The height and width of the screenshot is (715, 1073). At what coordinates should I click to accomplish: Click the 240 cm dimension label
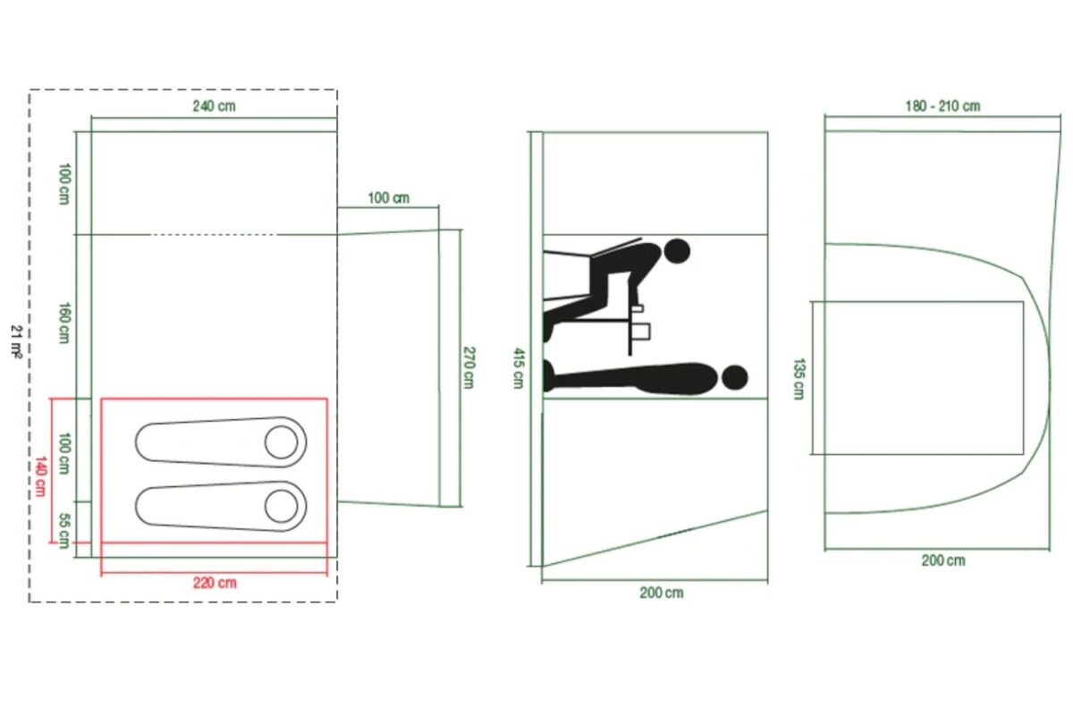pyautogui.click(x=214, y=105)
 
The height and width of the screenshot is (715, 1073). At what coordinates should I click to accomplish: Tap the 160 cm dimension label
pyautogui.click(x=64, y=323)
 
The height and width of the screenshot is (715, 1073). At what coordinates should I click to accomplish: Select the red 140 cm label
pyautogui.click(x=40, y=476)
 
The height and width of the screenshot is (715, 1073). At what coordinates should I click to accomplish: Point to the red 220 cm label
pyautogui.click(x=215, y=583)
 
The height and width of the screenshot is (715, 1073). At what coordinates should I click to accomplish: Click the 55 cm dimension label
pyautogui.click(x=64, y=531)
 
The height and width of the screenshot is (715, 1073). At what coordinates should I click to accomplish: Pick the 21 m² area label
pyautogui.click(x=17, y=341)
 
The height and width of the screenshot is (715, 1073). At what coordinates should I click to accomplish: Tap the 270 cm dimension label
pyautogui.click(x=469, y=368)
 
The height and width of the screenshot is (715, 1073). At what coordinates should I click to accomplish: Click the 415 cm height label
pyautogui.click(x=519, y=368)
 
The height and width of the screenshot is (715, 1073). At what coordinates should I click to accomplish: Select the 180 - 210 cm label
pyautogui.click(x=942, y=105)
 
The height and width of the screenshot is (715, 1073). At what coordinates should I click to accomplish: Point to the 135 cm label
pyautogui.click(x=798, y=379)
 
